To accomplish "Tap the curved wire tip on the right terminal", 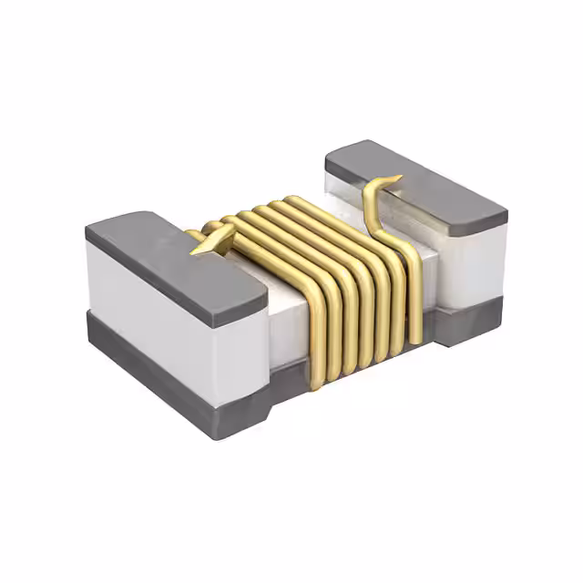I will click(x=393, y=179).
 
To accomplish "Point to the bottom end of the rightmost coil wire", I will click(x=415, y=342).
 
